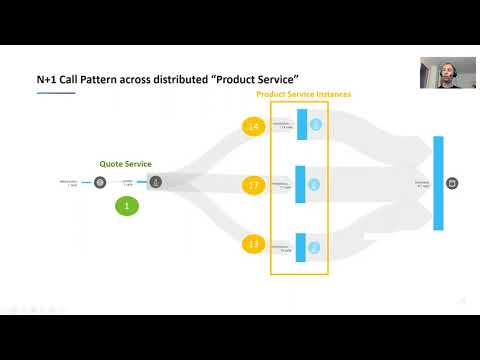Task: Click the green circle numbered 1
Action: pos(127,207)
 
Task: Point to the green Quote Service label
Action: pos(127,163)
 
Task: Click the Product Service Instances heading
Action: pos(303,94)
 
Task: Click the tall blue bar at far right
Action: pos(439,184)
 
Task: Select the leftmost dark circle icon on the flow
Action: pos(100,183)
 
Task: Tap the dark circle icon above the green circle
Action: pos(156,183)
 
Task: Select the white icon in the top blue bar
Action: pos(315,126)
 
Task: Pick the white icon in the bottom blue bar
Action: pos(315,246)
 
